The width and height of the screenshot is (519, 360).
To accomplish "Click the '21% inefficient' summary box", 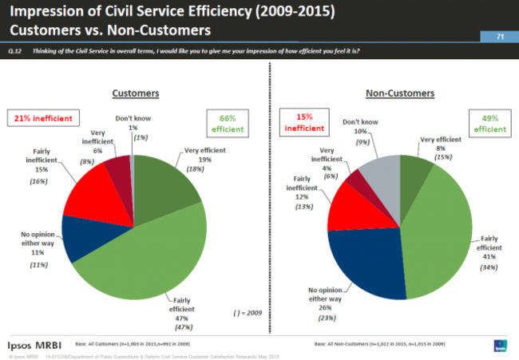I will tap(46, 119).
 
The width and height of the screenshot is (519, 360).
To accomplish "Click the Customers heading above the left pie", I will tap(137, 93).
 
